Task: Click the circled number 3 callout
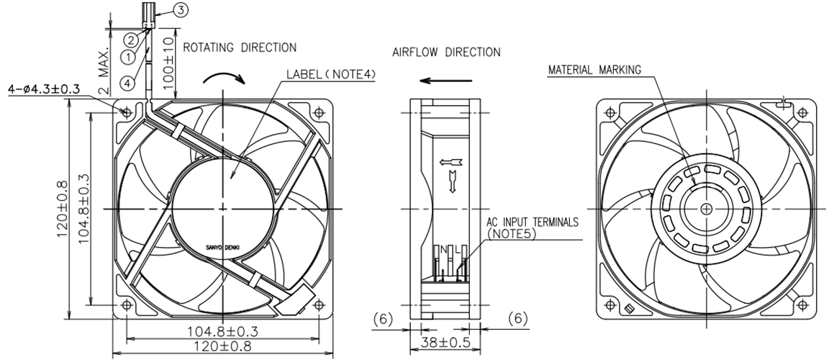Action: pyautogui.click(x=181, y=9)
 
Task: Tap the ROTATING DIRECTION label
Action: pyautogui.click(x=240, y=48)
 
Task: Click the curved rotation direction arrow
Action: pyautogui.click(x=225, y=78)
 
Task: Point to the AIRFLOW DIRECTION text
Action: pyautogui.click(x=446, y=53)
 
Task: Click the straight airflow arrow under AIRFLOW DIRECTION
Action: pyautogui.click(x=445, y=81)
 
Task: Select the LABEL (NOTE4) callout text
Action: pyautogui.click(x=331, y=74)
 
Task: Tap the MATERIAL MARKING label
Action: pyautogui.click(x=594, y=69)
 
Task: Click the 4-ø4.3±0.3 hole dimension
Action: pyautogui.click(x=44, y=89)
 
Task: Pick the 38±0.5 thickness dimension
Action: pyautogui.click(x=445, y=343)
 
